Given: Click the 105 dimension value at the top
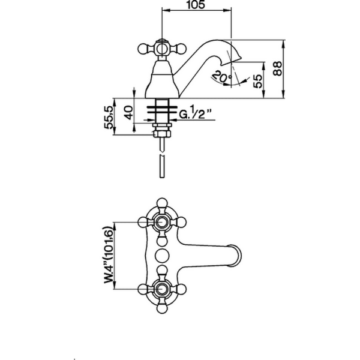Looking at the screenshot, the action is click(196, 5).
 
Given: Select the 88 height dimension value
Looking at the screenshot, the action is click(278, 68).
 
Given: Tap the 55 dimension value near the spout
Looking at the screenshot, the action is click(257, 81).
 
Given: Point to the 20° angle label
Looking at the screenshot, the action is click(222, 77).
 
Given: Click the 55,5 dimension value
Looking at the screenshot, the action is click(109, 118).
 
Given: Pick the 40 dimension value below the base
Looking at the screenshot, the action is click(128, 112).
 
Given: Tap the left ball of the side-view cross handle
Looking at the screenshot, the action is click(143, 49).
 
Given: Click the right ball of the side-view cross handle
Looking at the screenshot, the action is click(181, 49).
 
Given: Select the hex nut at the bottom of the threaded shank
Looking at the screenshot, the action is click(162, 134).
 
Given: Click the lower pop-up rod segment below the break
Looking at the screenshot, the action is click(162, 166).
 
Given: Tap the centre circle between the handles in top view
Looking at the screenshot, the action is click(162, 256).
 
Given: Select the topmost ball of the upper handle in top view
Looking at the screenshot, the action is click(162, 203).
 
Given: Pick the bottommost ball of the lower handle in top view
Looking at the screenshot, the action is click(162, 308).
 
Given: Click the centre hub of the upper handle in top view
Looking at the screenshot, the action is click(162, 222).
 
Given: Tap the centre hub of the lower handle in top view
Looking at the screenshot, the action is click(162, 289).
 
